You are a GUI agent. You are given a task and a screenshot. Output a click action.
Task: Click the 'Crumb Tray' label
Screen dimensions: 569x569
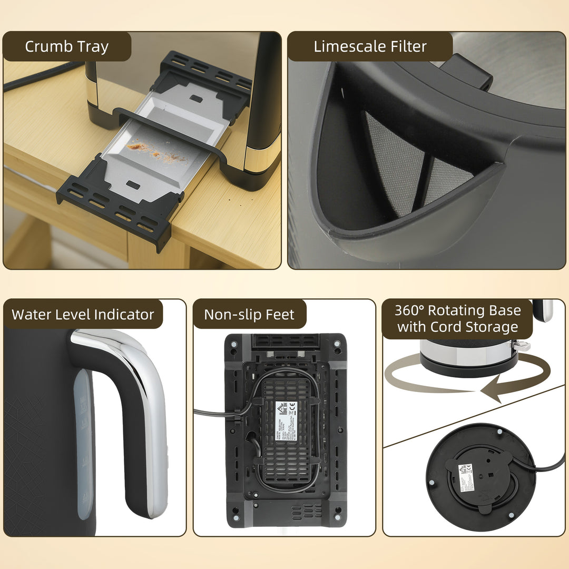[66, 46]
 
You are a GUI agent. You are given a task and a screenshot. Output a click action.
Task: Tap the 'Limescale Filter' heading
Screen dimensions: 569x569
[370, 46]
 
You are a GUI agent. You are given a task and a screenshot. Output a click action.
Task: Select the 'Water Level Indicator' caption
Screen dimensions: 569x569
[83, 315]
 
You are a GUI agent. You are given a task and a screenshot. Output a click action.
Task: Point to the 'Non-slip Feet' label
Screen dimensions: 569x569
[249, 315]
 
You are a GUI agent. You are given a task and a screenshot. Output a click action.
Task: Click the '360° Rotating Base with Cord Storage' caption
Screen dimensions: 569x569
[457, 319]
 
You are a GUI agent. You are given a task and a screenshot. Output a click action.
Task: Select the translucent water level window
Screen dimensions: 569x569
[83, 443]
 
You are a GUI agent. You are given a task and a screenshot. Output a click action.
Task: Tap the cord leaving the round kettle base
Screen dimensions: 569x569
[548, 466]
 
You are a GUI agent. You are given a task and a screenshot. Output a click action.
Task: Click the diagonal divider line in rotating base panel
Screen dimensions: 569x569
[474, 416]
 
